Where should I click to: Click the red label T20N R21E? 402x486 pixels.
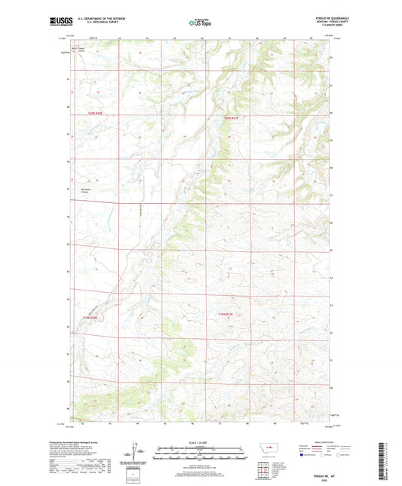[x=231, y=117]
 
